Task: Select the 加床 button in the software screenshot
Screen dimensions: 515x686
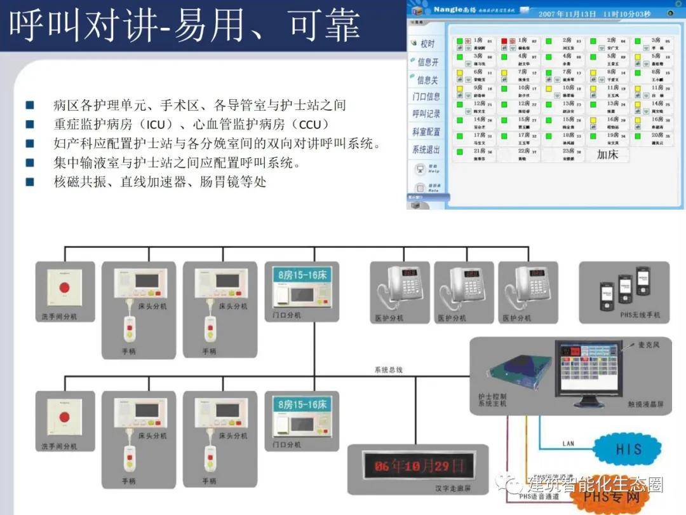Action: (x=607, y=154)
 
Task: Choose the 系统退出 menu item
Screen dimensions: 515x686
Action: (x=426, y=149)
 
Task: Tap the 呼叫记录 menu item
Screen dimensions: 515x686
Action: (x=426, y=114)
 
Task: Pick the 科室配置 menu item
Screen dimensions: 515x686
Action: (x=426, y=132)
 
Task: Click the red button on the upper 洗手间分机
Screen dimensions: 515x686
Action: (x=64, y=287)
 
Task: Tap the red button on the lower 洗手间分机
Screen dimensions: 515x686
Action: (x=64, y=417)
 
